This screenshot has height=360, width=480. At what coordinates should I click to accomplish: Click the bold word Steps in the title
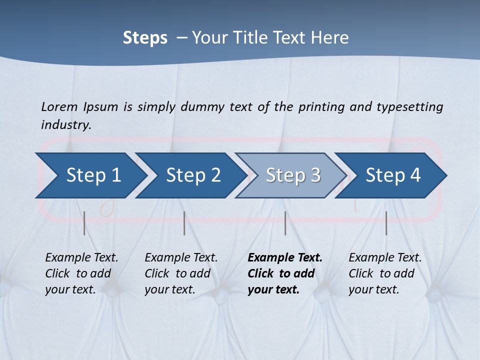coord(145,38)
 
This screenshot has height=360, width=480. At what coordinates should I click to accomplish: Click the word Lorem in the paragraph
coord(59,106)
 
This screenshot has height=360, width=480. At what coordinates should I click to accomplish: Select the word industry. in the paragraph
coord(66,124)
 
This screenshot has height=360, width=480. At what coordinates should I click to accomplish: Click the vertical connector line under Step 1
coord(84,223)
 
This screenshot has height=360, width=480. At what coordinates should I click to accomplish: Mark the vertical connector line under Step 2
coord(184,223)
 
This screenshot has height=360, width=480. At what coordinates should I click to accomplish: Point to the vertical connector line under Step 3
coord(285,223)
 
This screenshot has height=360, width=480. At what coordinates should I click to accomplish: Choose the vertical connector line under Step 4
coord(386,223)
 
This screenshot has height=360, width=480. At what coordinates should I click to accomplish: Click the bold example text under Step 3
coord(284,273)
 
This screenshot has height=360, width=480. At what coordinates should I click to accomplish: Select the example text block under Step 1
coord(81,273)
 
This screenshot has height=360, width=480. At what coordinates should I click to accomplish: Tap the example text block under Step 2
coord(181,273)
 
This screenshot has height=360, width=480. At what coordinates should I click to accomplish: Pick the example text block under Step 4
coord(385,273)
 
